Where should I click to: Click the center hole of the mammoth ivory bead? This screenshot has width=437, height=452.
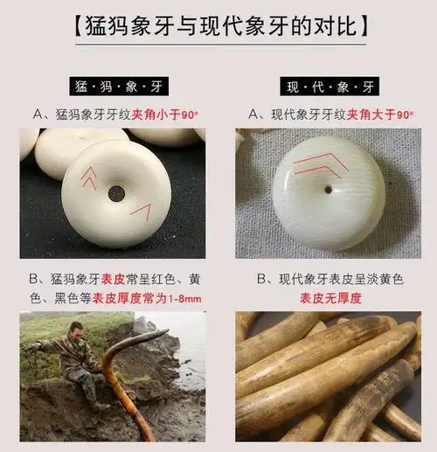116,193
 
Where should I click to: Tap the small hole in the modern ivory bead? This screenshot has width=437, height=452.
328,189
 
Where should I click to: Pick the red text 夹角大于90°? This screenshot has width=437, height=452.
380,114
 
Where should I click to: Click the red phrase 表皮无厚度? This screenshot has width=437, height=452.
328,299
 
